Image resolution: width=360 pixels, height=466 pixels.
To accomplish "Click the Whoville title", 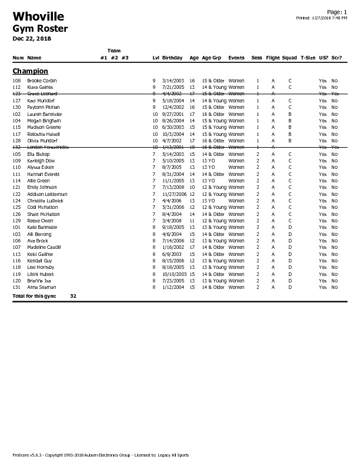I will coord(38,16).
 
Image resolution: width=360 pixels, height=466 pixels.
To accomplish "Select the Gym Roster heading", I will coord(40,29).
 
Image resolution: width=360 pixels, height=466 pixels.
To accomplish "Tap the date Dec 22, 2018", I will coord(32,39).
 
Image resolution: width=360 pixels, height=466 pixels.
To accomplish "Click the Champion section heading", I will coord(30,71).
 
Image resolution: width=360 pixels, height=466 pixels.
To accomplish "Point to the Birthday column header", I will coord(172,58).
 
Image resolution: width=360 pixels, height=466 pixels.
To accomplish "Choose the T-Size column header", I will coord(308,58).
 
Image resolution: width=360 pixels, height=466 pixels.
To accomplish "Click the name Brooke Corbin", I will coord(42,81).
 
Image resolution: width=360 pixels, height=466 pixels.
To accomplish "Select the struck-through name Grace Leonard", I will coord(42,94).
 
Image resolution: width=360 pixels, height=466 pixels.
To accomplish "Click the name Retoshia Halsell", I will coord(44,134).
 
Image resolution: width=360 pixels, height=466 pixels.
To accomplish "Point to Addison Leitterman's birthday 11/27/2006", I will coord(175,194).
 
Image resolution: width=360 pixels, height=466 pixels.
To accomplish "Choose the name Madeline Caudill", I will coord(45,247).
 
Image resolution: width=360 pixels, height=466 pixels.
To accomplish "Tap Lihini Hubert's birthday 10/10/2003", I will coord(175,274).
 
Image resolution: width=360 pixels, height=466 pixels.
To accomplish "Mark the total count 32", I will coord(73,296).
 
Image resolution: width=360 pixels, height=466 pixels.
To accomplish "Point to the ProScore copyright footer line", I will coord(101,455).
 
